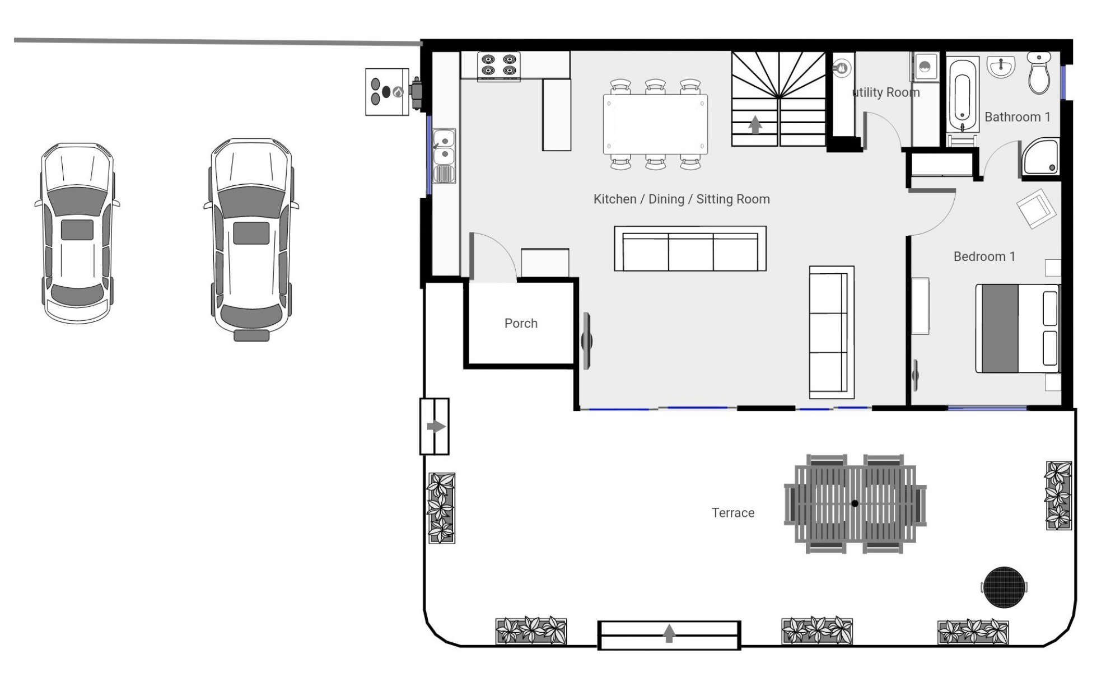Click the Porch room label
coord(521,323)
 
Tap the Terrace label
coord(733,512)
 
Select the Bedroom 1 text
coord(984,256)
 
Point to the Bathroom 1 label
coord(1018,117)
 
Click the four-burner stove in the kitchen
coord(499,65)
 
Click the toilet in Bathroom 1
coord(1039,73)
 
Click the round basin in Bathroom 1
coord(1001,68)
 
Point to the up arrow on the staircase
coord(755,125)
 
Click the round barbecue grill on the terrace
coord(1005,587)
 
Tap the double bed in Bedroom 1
coord(1018,328)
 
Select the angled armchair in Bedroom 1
coord(1036,209)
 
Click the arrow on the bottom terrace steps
coord(669,634)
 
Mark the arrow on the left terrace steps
coord(436,427)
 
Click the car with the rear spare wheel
coord(251,240)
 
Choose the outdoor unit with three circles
coord(386,92)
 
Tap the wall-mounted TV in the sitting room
coord(587,340)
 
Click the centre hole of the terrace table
coord(855,503)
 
